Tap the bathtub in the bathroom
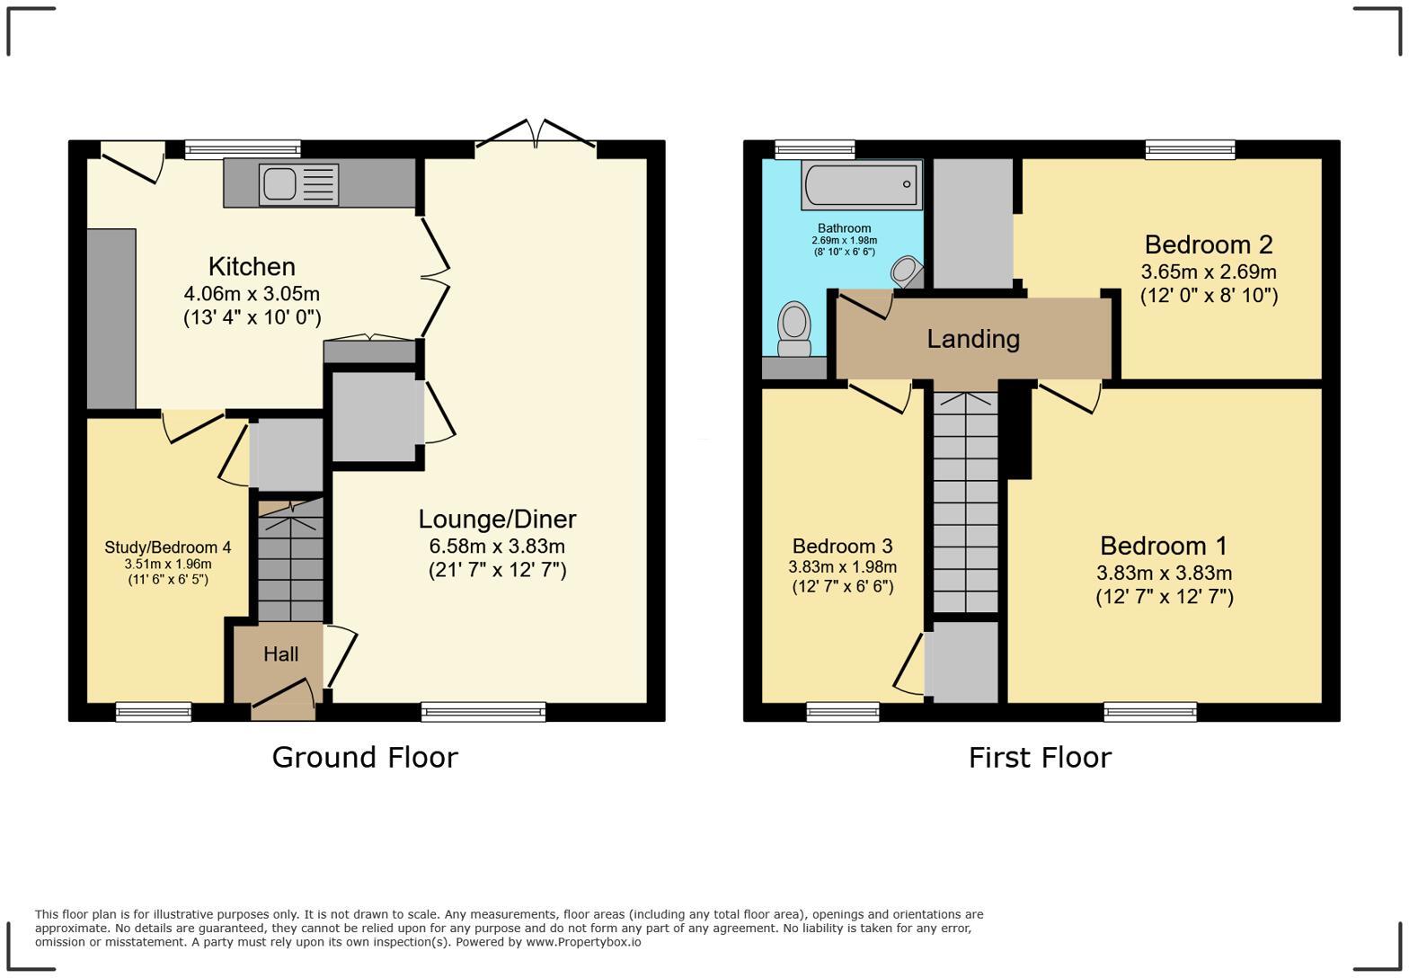click(x=861, y=184)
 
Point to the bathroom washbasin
click(x=907, y=272)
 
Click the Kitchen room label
click(x=252, y=267)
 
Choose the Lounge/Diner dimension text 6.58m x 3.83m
click(x=497, y=547)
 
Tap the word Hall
click(x=280, y=654)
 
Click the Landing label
click(x=973, y=339)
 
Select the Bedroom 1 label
click(x=1164, y=546)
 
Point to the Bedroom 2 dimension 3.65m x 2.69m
click(x=1209, y=271)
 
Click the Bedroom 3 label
click(x=842, y=546)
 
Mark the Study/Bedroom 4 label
click(x=168, y=547)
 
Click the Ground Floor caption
click(x=365, y=757)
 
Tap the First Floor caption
click(x=1040, y=757)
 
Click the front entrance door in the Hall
click(x=283, y=698)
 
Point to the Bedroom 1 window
click(x=1150, y=712)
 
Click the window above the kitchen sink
click(x=243, y=149)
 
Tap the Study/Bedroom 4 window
click(x=154, y=712)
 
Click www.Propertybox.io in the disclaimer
click(x=583, y=942)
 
